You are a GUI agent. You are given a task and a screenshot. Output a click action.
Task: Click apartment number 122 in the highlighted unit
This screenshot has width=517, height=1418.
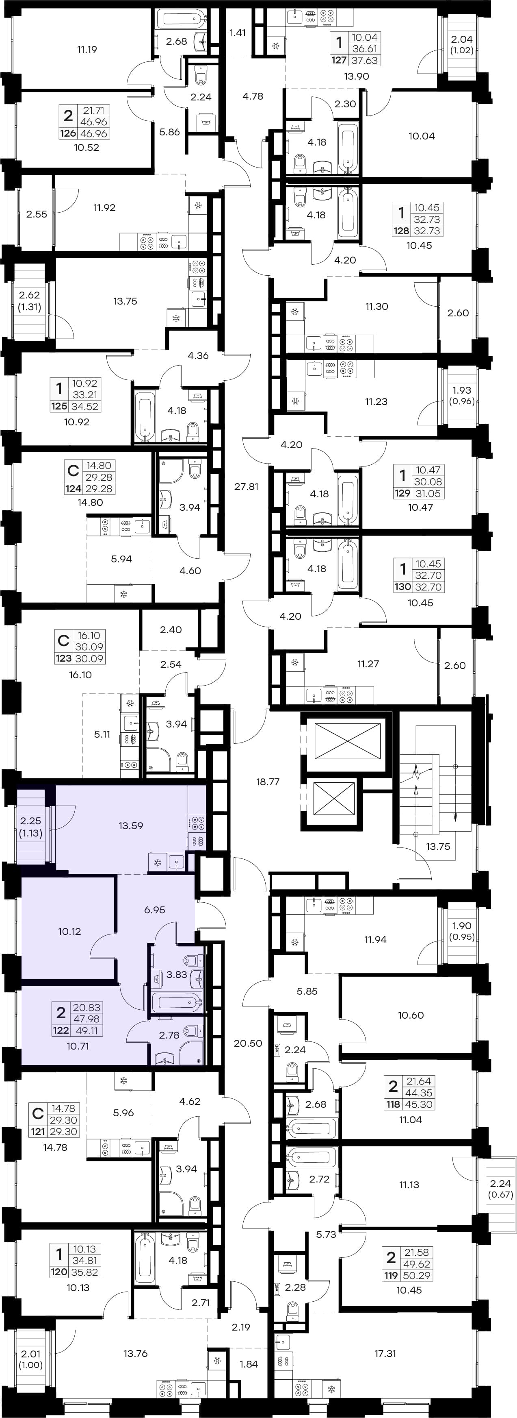[61, 1030]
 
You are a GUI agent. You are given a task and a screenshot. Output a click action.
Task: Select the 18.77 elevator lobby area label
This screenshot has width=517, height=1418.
[268, 782]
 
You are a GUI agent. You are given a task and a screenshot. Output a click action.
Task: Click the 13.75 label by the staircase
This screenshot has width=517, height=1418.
[438, 846]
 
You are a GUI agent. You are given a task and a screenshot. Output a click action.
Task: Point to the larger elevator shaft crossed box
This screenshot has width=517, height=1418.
[348, 743]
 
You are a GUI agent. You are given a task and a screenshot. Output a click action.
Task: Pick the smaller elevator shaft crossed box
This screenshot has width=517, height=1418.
[334, 799]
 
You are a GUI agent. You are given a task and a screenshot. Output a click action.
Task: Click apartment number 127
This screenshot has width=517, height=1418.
[339, 61]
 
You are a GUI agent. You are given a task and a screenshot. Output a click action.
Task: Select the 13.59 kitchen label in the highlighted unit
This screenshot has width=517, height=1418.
[131, 826]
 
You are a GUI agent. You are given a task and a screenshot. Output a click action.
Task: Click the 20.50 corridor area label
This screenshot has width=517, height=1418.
[248, 1043]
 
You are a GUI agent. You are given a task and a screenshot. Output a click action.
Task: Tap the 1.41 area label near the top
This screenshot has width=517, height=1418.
[238, 33]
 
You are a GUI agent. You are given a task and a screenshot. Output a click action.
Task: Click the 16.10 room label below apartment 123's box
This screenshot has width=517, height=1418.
[80, 675]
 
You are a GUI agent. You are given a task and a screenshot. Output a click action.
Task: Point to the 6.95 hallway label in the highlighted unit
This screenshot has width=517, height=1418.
[155, 910]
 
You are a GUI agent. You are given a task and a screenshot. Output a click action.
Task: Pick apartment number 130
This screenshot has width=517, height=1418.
[402, 587]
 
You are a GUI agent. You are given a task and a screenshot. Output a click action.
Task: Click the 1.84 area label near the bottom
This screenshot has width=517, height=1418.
[249, 1364]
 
